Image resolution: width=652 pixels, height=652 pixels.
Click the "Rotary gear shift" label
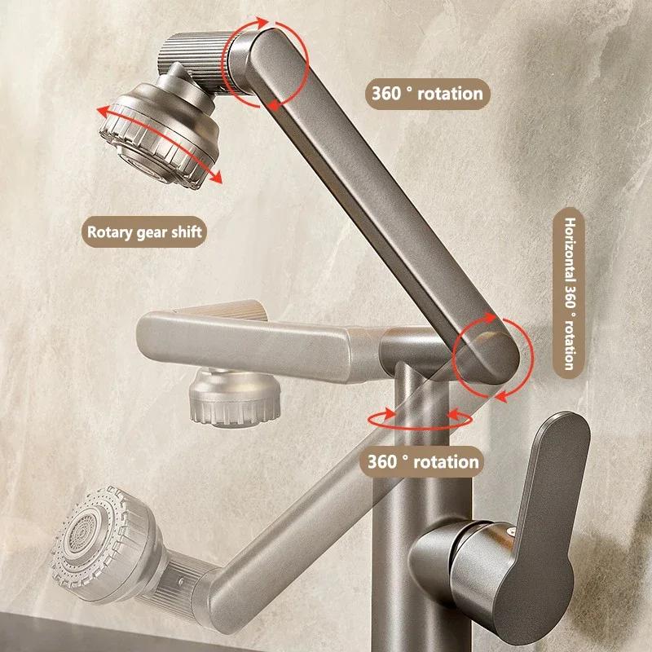[144, 231]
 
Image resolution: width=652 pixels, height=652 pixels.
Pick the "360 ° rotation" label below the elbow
[420, 462]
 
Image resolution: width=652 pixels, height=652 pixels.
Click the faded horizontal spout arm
[244, 338]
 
